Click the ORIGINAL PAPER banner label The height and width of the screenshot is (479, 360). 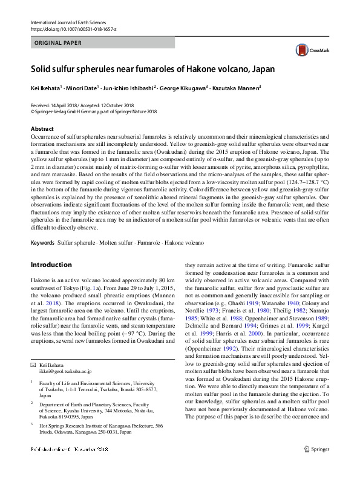pyautogui.click(x=59, y=43)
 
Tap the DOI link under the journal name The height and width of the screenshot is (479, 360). pyautogui.click(x=73, y=30)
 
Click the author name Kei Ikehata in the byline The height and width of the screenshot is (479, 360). pyautogui.click(x=45, y=88)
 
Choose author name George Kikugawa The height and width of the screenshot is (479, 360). pyautogui.click(x=183, y=88)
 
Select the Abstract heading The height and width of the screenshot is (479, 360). pyautogui.click(x=42, y=129)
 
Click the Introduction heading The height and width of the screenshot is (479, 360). pyautogui.click(x=51, y=265)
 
